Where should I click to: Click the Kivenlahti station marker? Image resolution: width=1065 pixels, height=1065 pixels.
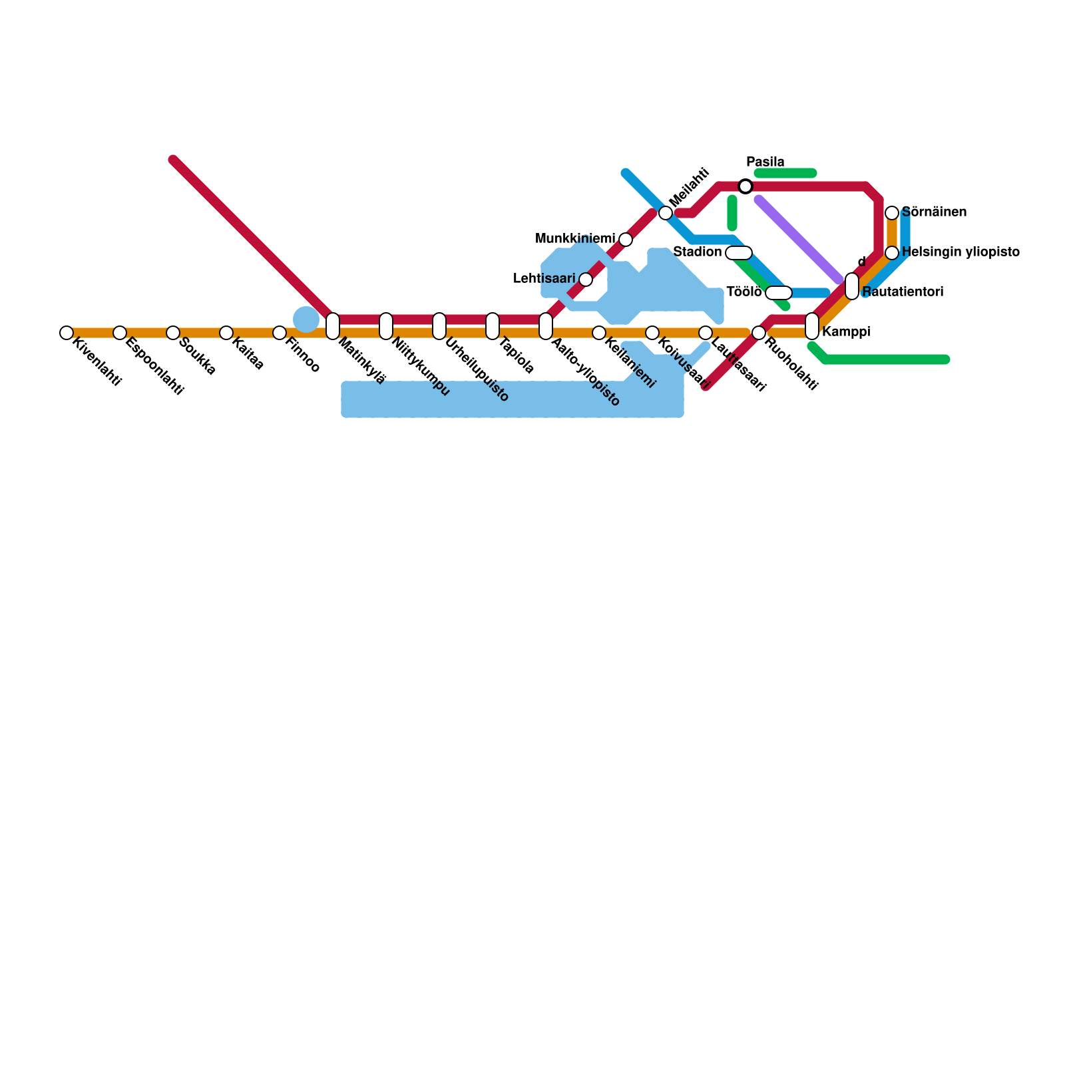66,333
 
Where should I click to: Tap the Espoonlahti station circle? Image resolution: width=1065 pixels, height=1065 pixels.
120,333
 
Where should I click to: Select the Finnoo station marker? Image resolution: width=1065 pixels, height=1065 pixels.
280,333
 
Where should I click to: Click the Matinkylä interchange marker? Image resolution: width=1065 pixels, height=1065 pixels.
333,326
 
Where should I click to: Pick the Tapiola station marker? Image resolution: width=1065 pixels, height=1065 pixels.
493,326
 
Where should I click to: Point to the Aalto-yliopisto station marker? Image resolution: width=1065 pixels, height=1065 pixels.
546,326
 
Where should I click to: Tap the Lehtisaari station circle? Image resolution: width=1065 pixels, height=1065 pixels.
586,280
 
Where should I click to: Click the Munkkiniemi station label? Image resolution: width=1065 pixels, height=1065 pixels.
575,239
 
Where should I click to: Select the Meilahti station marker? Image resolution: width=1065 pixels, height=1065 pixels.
666,213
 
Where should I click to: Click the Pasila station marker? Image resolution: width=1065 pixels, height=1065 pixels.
745,186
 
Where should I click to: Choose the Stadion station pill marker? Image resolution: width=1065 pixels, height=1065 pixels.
739,253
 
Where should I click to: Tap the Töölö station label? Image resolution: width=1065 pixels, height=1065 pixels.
744,292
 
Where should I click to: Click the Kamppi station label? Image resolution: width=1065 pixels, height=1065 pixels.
846,331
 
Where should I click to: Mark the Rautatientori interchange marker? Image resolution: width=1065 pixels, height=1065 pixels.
852,286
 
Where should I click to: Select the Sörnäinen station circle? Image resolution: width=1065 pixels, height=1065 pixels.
892,213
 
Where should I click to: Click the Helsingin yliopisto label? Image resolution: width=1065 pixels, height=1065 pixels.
960,252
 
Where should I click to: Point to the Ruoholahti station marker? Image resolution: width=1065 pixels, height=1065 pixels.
759,333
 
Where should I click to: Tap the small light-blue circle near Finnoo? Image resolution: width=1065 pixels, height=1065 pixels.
306,319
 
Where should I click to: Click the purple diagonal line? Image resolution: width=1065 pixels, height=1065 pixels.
799,240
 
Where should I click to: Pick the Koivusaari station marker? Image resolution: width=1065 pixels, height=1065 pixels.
652,333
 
